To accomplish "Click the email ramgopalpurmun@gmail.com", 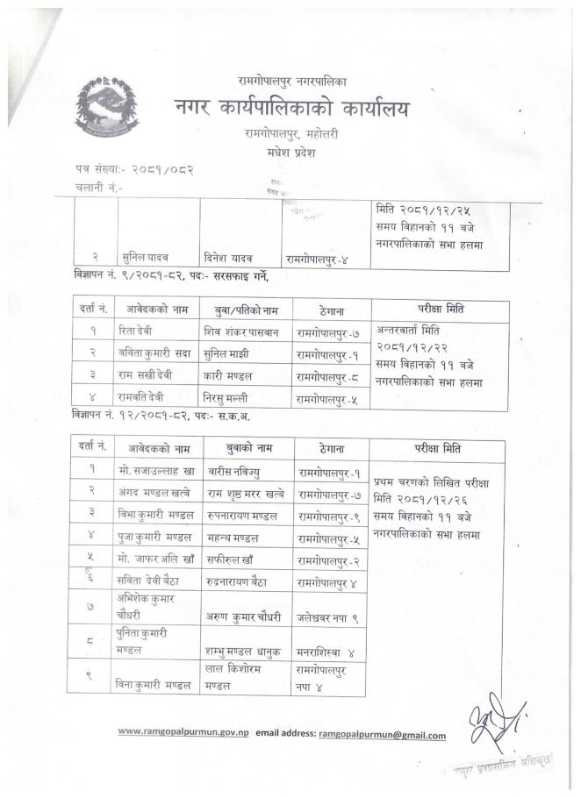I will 382,735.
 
